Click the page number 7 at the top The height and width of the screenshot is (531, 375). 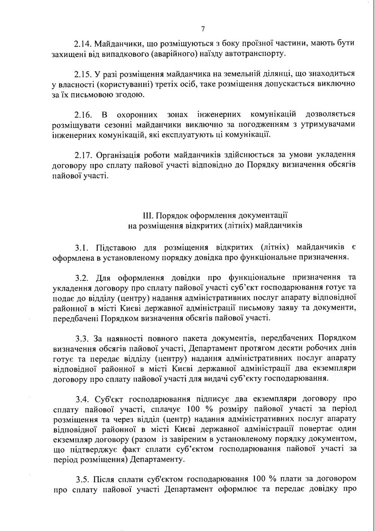tap(202, 29)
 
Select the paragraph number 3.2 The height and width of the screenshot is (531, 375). tap(81, 278)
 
